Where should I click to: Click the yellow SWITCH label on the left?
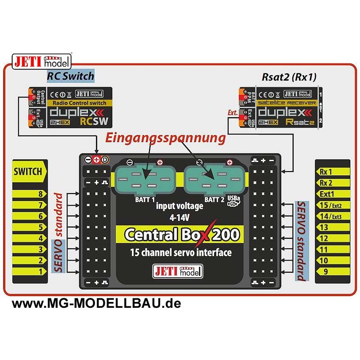pyautogui.click(x=28, y=171)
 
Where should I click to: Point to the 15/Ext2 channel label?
pyautogui.click(x=330, y=205)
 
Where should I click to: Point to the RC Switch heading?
pyautogui.click(x=71, y=76)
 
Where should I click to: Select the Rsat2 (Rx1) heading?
pyautogui.click(x=289, y=77)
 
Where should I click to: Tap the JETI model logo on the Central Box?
pyautogui.click(x=179, y=271)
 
